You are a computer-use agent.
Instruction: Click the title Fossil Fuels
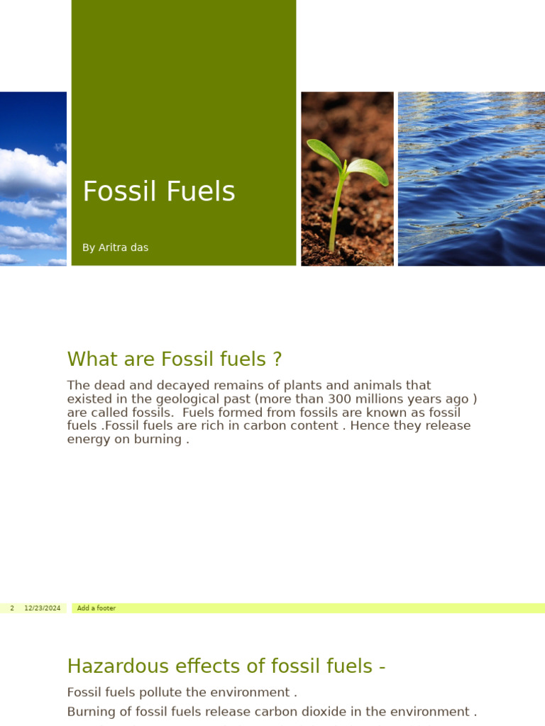click(158, 191)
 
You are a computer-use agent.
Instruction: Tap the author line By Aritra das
click(115, 247)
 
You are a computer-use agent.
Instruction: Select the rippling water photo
click(471, 179)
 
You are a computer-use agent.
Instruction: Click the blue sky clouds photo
click(33, 179)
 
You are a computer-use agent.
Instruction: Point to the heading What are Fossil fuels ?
click(175, 359)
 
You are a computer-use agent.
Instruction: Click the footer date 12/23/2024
click(43, 608)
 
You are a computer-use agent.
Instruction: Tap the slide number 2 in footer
click(12, 608)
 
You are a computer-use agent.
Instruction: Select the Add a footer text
click(97, 608)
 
